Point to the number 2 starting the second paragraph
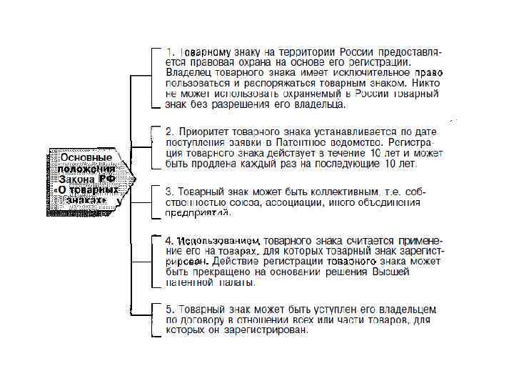tap(169, 132)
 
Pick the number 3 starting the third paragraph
tap(169, 192)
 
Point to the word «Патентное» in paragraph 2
tap(299, 142)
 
